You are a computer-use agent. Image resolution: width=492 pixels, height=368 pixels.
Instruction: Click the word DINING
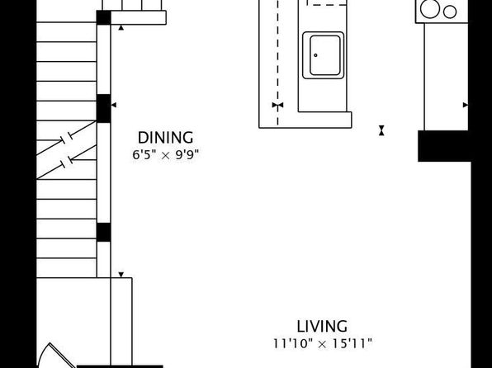pyautogui.click(x=165, y=138)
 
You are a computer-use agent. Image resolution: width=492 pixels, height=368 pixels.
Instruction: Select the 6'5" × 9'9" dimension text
pyautogui.click(x=165, y=154)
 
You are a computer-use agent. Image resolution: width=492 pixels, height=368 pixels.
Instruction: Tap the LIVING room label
pyautogui.click(x=322, y=326)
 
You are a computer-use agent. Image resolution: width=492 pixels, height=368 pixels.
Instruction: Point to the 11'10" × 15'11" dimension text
pyautogui.click(x=322, y=343)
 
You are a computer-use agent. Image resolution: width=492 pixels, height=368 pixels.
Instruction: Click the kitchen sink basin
pyautogui.click(x=324, y=55)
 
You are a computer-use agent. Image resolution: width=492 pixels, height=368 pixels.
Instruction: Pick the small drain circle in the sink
pyautogui.click(x=315, y=55)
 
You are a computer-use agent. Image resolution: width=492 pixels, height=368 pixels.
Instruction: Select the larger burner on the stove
pyautogui.click(x=429, y=9)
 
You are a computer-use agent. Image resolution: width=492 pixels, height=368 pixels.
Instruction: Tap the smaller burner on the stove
pyautogui.click(x=450, y=12)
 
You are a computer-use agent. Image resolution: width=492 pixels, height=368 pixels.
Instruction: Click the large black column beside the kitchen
pyautogui.click(x=444, y=146)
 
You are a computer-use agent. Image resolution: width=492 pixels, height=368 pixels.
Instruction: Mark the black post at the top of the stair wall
pyautogui.click(x=103, y=17)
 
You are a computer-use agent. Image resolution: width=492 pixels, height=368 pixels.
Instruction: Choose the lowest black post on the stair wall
pyautogui.click(x=103, y=232)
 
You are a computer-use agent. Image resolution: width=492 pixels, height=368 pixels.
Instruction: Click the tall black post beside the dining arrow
pyautogui.click(x=103, y=108)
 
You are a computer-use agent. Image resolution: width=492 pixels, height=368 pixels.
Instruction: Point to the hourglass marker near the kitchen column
pyautogui.click(x=381, y=130)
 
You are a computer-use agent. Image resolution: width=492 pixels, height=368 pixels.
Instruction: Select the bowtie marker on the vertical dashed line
pyautogui.click(x=277, y=105)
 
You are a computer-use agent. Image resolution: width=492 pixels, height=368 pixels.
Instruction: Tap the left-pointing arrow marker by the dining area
pyautogui.click(x=114, y=105)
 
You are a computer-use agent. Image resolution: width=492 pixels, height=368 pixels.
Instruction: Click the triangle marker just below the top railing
pyautogui.click(x=121, y=28)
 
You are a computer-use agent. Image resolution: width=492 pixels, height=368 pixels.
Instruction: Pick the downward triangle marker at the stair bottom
pyautogui.click(x=121, y=275)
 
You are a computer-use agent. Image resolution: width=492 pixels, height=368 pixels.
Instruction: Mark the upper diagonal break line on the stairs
pyautogui.click(x=67, y=138)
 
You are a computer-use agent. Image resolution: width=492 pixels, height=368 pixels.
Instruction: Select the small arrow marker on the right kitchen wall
pyautogui.click(x=466, y=105)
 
